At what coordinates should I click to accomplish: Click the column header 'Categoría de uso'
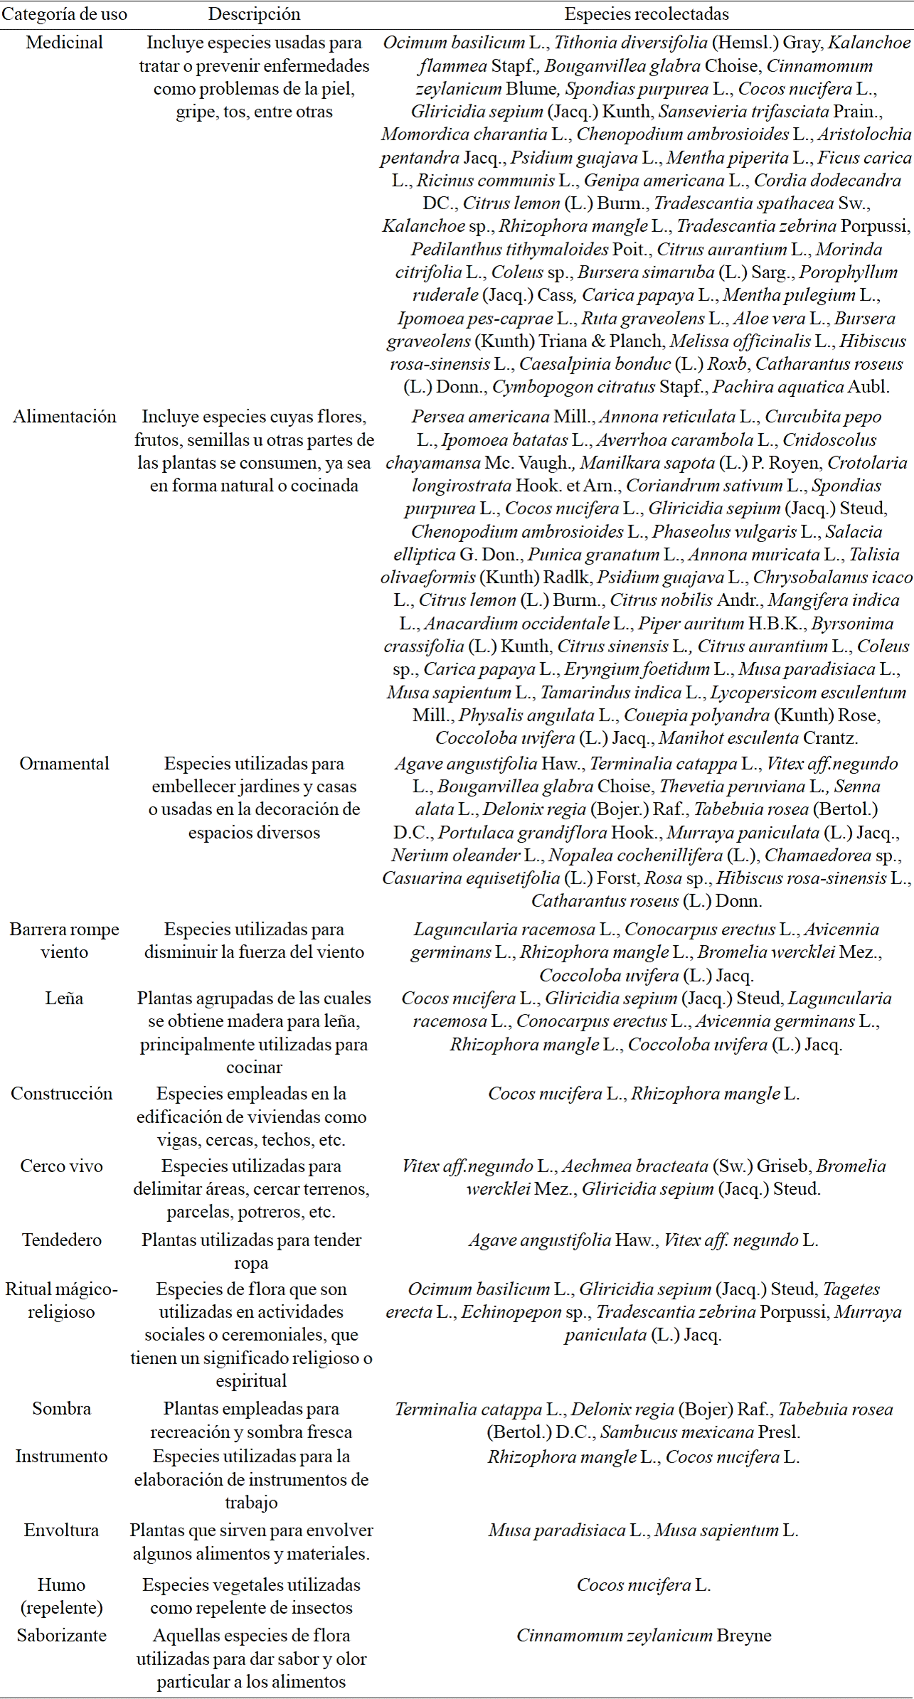tap(64, 14)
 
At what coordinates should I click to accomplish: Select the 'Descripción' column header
tap(254, 14)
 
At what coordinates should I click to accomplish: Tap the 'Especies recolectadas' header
tap(646, 14)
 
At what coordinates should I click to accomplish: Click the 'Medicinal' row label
tap(64, 43)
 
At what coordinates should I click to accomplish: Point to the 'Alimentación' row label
tap(64, 417)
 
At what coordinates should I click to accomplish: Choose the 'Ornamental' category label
tap(64, 764)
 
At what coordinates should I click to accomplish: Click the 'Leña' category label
tap(64, 998)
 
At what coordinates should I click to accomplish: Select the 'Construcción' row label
tap(62, 1094)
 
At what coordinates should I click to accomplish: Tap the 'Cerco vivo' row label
tap(62, 1166)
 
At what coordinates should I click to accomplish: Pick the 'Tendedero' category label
tap(62, 1240)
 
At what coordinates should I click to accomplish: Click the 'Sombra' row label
tap(62, 1409)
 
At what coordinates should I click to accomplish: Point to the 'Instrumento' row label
tap(62, 1456)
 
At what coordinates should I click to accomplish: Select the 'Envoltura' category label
tap(62, 1530)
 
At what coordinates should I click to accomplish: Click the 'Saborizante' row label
tap(62, 1636)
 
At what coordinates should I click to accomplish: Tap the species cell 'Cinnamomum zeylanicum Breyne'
tap(644, 1636)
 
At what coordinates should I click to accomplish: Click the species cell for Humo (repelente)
tap(644, 1585)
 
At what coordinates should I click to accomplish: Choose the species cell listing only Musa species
tap(644, 1530)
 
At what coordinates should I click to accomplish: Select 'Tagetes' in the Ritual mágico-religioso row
tap(851, 1289)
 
